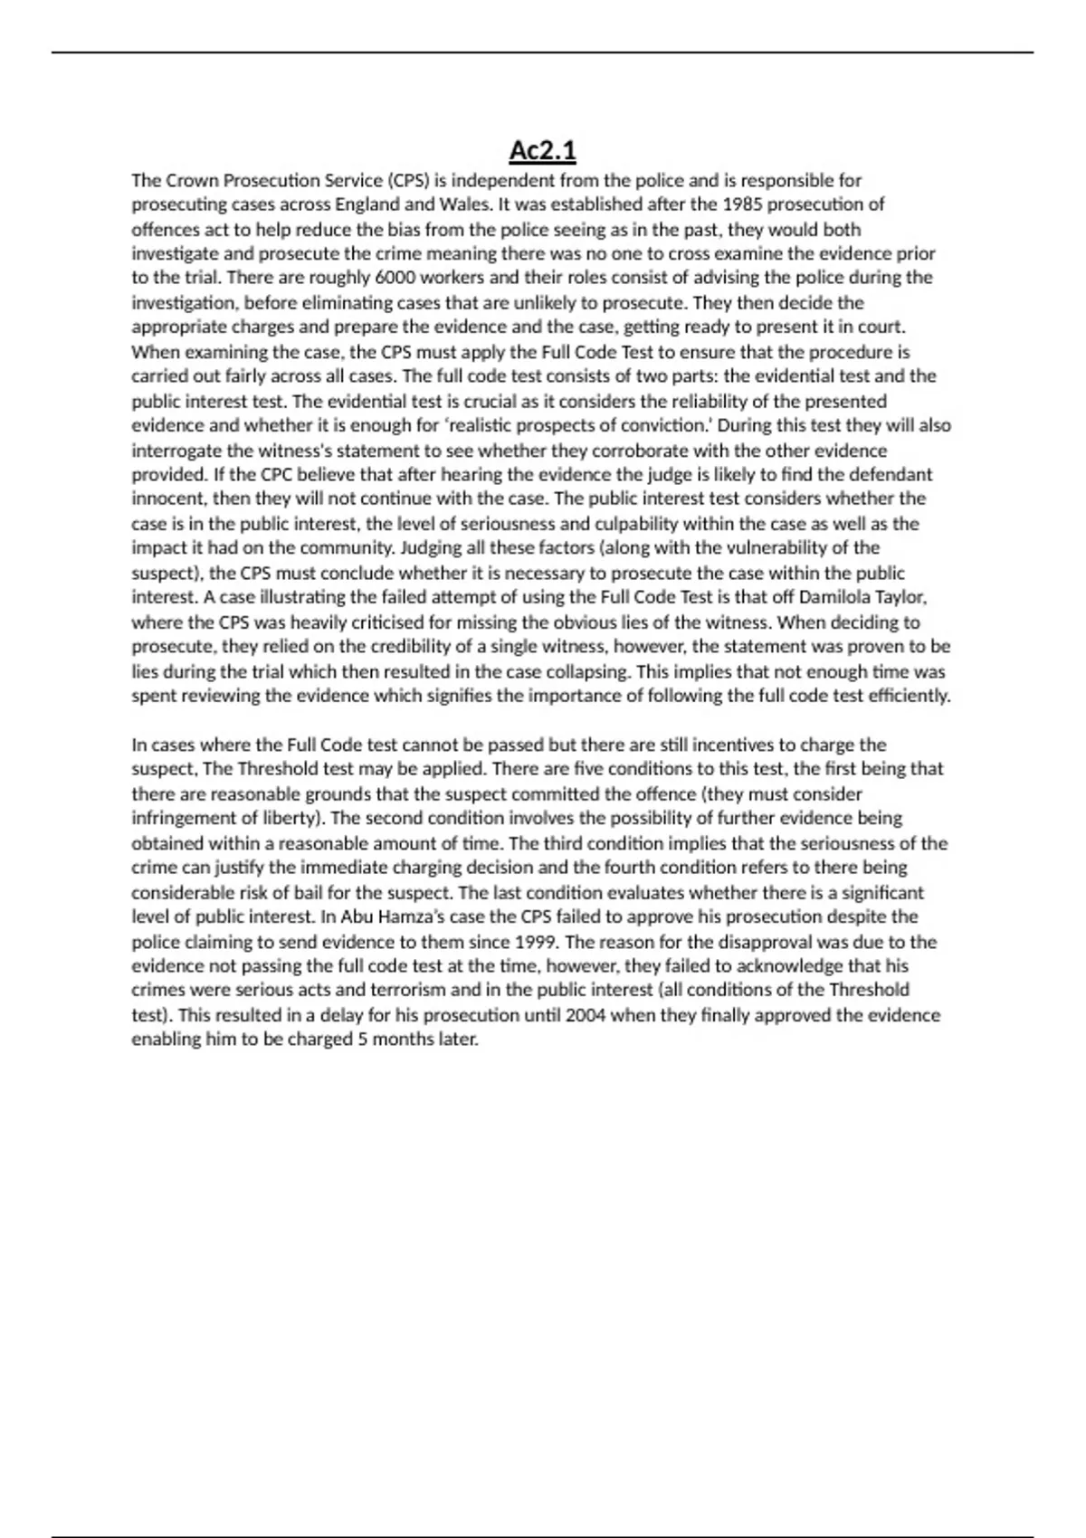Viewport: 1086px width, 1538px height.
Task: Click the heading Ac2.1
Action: [x=542, y=150]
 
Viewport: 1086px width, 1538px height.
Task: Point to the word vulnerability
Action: [x=791, y=547]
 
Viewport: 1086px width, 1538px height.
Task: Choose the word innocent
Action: [x=168, y=498]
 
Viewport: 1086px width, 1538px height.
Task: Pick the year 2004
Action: [x=585, y=1015]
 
